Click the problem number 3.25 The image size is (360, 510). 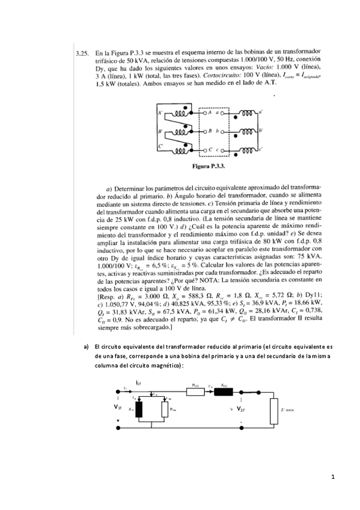[81, 54]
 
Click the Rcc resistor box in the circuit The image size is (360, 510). [197, 392]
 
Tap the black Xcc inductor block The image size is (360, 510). [224, 392]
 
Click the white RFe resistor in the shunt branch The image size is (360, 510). [164, 409]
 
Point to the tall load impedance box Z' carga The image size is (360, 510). [273, 408]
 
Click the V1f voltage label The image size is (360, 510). [117, 407]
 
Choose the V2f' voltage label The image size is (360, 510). [240, 409]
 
